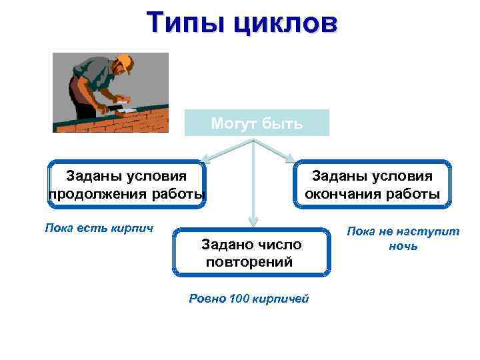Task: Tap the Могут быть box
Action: click(257, 123)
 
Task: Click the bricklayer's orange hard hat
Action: click(125, 63)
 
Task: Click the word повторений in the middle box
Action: click(249, 261)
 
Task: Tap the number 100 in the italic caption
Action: click(239, 298)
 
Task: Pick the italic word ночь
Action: click(403, 246)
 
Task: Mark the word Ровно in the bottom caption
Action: click(207, 298)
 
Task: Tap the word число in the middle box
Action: click(279, 245)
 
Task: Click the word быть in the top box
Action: click(283, 123)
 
